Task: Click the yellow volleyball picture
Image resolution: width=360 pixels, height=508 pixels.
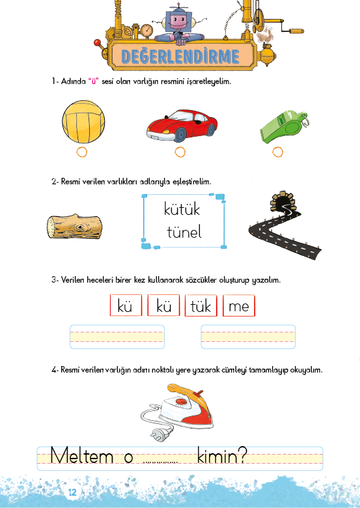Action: (x=83, y=122)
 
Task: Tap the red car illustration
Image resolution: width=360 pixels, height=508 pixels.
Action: (x=182, y=126)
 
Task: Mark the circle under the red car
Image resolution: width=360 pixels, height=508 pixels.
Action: (x=180, y=152)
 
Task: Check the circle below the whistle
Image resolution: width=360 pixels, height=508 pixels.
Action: (x=277, y=152)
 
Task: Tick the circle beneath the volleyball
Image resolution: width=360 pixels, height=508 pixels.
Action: (x=81, y=152)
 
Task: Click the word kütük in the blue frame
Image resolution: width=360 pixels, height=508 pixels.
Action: (x=182, y=209)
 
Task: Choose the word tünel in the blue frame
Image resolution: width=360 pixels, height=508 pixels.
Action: (x=184, y=232)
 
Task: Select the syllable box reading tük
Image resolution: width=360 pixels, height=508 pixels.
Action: (x=201, y=305)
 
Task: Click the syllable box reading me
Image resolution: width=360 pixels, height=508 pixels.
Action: (x=239, y=305)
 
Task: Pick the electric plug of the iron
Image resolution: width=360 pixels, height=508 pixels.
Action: (x=156, y=434)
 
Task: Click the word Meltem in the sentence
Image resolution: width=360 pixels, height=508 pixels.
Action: (x=81, y=456)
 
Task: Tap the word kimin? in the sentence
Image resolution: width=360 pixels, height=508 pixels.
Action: (x=222, y=456)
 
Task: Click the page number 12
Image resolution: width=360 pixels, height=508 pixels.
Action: (x=72, y=492)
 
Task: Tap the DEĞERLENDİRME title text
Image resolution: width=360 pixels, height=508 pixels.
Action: (x=180, y=57)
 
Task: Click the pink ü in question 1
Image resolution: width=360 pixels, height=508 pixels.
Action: (x=93, y=81)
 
